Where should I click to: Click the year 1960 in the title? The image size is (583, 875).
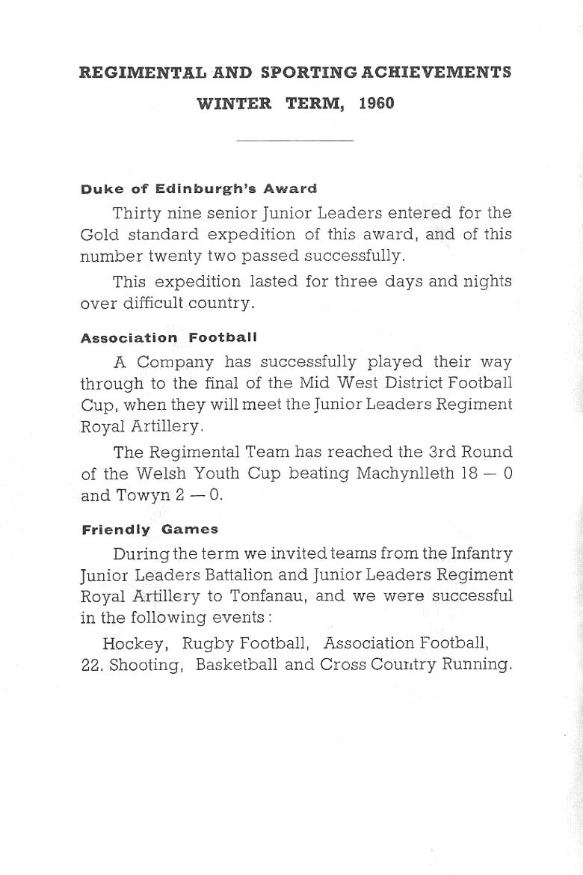(x=375, y=104)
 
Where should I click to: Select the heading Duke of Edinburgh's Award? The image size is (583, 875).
(x=198, y=188)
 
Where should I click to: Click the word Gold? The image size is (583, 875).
(x=96, y=234)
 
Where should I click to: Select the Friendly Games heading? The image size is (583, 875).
(x=149, y=529)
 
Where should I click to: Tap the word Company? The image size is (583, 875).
(x=176, y=363)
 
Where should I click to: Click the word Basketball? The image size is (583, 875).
(x=238, y=665)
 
